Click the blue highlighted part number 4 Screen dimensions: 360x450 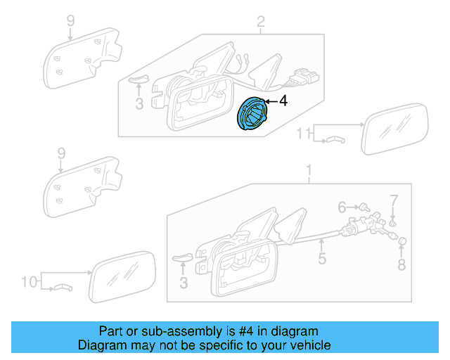[251, 114]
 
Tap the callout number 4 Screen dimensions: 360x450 [283, 102]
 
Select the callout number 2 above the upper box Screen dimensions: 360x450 [260, 24]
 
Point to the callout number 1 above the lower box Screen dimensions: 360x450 [307, 169]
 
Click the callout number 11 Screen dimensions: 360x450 [302, 133]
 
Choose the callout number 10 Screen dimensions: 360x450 [28, 282]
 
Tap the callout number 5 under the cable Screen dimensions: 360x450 [321, 259]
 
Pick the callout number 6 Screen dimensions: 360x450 [342, 207]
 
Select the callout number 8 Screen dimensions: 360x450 [401, 265]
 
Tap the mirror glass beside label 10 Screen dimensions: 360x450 [121, 275]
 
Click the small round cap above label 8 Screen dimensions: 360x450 [402, 243]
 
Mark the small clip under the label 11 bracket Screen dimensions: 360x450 [333, 141]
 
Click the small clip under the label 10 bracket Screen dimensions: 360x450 [63, 288]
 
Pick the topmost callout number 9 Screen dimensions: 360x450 [70, 20]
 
